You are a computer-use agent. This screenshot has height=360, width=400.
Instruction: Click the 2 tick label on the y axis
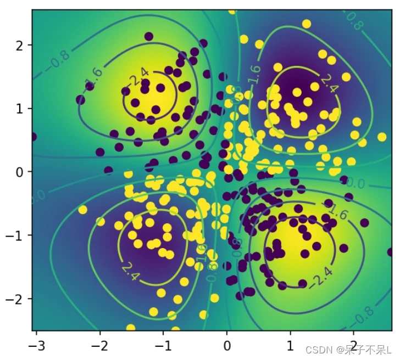(x=21, y=45)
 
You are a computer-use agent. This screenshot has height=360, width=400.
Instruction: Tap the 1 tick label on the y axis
(x=21, y=108)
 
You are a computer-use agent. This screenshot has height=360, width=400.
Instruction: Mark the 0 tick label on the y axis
(x=21, y=172)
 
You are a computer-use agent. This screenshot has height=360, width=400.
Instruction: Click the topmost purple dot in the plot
(x=148, y=36)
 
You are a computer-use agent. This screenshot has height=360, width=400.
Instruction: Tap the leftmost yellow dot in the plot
(x=83, y=210)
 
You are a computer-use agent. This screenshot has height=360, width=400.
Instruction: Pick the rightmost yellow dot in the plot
(x=382, y=136)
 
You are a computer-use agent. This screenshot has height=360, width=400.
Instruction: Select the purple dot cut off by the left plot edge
(x=33, y=137)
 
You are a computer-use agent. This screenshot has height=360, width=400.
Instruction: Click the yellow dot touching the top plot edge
(x=232, y=10)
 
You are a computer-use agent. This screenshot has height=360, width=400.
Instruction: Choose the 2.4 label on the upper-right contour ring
(x=329, y=82)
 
